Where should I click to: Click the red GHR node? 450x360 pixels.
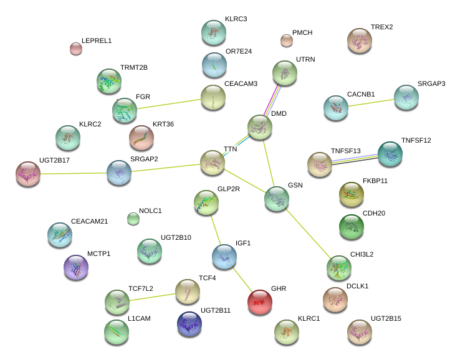(259, 302)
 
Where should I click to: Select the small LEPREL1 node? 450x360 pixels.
(75, 48)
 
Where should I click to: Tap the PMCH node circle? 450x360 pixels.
(286, 40)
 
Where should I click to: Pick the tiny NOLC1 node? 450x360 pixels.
(133, 218)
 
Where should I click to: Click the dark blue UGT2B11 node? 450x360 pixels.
(189, 323)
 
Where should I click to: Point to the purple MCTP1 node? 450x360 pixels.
(75, 267)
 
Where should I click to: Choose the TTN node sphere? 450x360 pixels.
(212, 162)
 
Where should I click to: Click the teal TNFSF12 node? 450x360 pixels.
(390, 154)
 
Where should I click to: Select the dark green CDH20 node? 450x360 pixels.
(351, 227)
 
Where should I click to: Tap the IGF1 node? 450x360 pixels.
(224, 256)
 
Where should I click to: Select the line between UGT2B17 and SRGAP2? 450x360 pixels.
(73, 173)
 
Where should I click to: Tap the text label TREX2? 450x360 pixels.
(381, 27)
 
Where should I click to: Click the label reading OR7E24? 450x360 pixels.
(239, 51)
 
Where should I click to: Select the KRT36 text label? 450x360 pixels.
(163, 125)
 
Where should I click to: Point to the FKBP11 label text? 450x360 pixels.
(375, 181)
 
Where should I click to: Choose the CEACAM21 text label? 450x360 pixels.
(90, 222)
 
